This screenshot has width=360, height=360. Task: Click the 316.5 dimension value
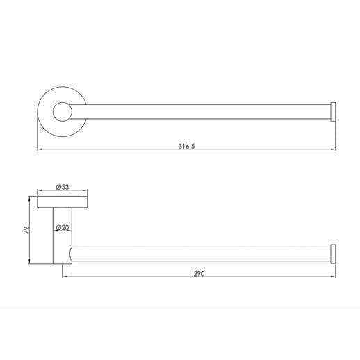(x=186, y=146)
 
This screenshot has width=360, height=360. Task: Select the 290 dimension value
(x=199, y=275)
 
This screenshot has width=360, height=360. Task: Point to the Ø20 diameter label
(x=63, y=227)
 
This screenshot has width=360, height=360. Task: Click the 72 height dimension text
(x=26, y=229)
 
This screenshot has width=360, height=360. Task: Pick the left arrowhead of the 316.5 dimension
(x=39, y=150)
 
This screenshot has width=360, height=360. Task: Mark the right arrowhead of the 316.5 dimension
(x=335, y=150)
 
